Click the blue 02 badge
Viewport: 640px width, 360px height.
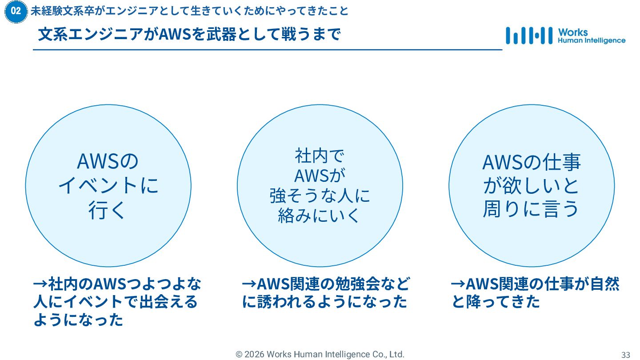coord(16,12)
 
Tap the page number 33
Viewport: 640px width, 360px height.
coord(626,355)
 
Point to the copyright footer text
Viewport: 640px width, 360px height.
coord(320,354)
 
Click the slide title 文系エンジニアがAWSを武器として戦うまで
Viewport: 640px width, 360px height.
coord(189,35)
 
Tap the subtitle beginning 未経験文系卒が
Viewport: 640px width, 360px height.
coord(189,11)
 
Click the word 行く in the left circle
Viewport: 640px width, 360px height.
coord(108,210)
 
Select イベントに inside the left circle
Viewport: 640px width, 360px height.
coord(108,185)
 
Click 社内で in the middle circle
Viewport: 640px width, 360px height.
coord(320,156)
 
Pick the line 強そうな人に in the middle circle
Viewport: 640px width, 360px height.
coord(320,196)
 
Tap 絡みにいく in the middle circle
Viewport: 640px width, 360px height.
coord(320,216)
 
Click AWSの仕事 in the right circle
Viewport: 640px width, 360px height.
coord(532,163)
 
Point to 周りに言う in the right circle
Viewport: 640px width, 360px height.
coord(532,209)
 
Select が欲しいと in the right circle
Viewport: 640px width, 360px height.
coord(532,186)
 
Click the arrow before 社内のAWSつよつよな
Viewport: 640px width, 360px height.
coord(40,284)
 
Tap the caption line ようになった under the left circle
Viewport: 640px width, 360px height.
coord(78,320)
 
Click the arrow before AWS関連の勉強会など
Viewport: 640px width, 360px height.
coord(249,284)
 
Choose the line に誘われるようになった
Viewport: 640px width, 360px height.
coord(325,302)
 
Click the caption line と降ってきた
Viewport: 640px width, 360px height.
coord(496,302)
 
